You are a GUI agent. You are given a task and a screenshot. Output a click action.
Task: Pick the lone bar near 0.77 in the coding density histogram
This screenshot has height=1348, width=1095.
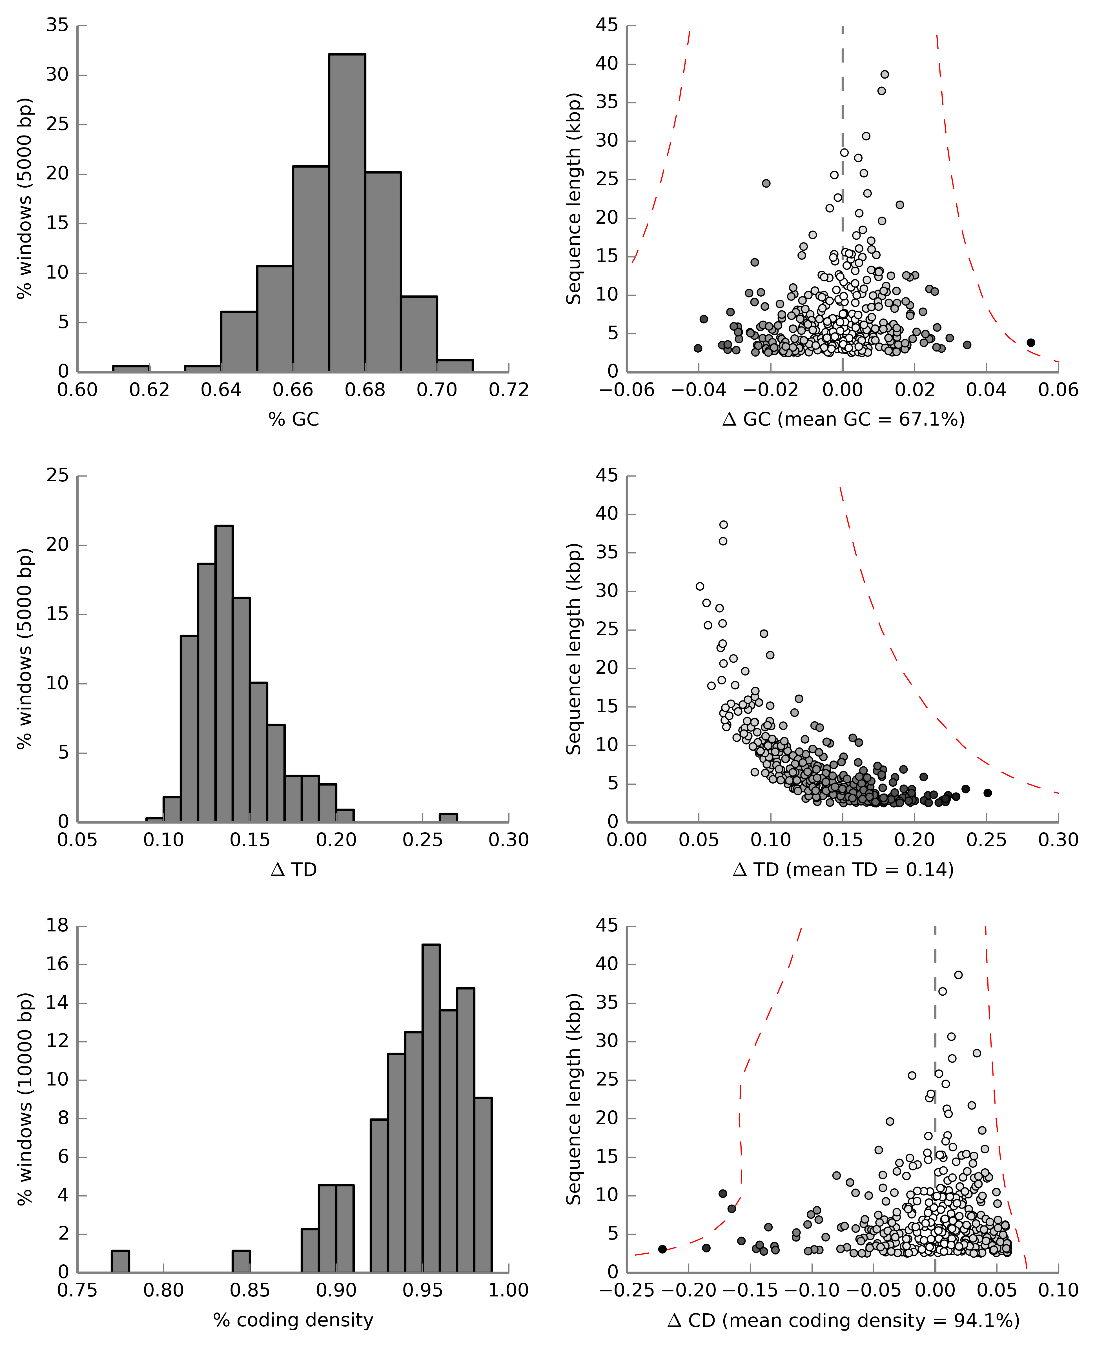tap(121, 1261)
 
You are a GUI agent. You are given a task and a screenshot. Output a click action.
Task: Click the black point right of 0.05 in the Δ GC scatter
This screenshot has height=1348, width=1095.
tap(1031, 342)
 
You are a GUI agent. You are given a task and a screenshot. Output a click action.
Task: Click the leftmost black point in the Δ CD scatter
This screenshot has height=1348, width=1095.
tap(662, 1249)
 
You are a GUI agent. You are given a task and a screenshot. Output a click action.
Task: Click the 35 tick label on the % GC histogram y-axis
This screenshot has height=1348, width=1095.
tap(57, 25)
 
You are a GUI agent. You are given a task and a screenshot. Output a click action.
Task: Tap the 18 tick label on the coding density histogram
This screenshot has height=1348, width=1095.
tap(57, 926)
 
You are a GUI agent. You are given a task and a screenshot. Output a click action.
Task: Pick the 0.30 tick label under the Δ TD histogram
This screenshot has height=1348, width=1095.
tap(508, 840)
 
